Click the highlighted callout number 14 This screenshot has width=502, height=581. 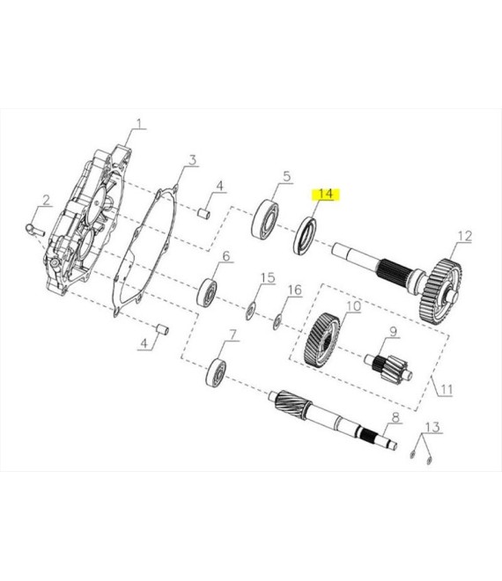(326, 195)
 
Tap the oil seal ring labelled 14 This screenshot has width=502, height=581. (306, 237)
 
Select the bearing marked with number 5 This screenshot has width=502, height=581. (265, 218)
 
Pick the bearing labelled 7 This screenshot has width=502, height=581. (216, 373)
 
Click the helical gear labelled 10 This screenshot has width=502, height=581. (321, 340)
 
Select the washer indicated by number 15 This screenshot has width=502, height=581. (251, 312)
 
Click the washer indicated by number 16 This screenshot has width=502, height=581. (277, 321)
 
